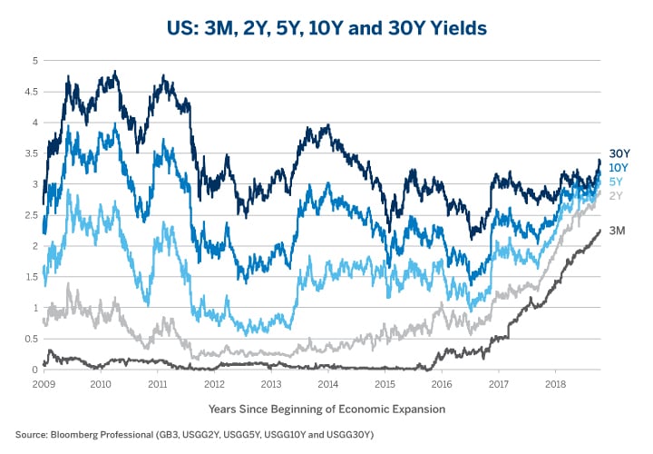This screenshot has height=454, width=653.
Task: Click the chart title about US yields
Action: point(326,28)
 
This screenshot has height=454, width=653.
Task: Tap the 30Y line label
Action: point(619,154)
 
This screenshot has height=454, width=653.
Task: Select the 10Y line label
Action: point(619,167)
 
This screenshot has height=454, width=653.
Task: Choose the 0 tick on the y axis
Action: point(34,370)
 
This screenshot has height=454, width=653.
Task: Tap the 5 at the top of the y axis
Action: point(34,61)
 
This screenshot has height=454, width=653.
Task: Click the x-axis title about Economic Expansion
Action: point(326,410)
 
